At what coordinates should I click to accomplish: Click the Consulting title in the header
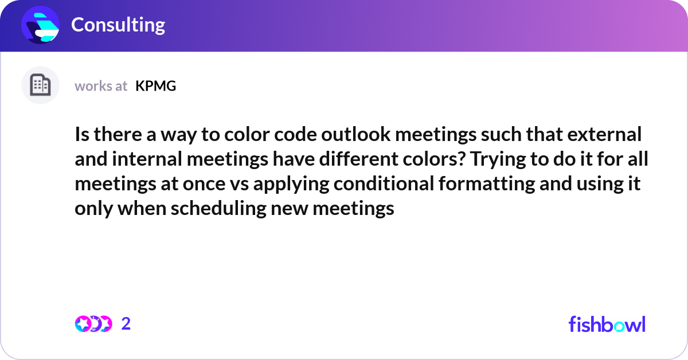click(118, 25)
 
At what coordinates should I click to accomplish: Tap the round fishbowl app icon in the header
click(41, 25)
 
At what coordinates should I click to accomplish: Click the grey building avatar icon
click(40, 85)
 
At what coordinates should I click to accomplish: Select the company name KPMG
click(155, 86)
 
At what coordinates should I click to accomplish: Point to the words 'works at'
click(101, 86)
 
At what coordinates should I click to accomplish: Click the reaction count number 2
click(126, 324)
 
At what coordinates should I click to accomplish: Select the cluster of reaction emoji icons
click(93, 324)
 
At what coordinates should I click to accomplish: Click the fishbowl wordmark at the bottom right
click(607, 324)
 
